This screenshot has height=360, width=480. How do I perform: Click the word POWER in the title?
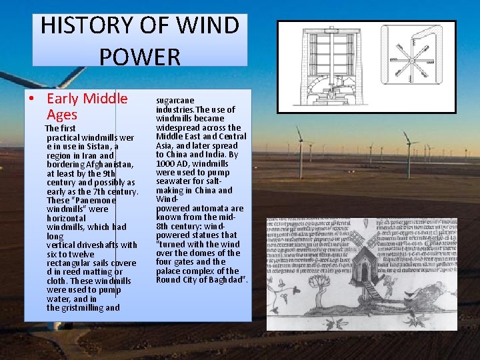click(140, 57)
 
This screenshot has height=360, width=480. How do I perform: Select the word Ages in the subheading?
click(62, 115)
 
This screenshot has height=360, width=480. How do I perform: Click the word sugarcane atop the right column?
click(175, 101)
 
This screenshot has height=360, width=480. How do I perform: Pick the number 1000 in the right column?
click(167, 163)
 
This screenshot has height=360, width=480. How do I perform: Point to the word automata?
click(210, 209)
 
